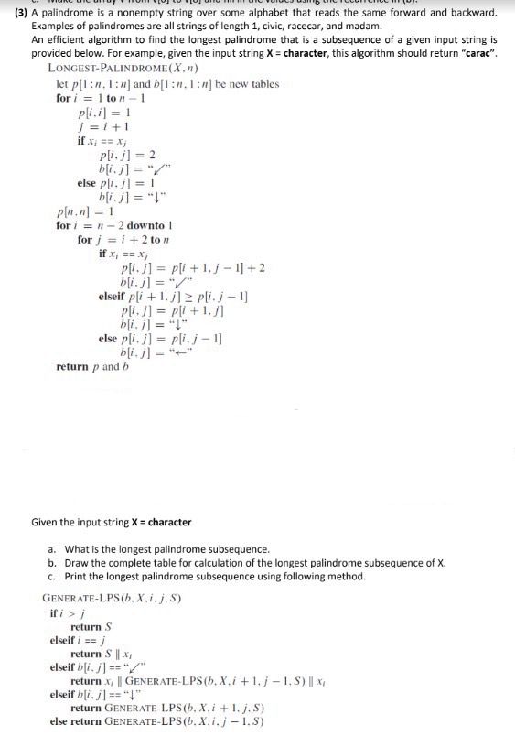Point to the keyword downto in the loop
[x=144, y=225]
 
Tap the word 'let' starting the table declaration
[x=63, y=84]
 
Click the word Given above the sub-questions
[x=46, y=523]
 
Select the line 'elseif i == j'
[x=77, y=641]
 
